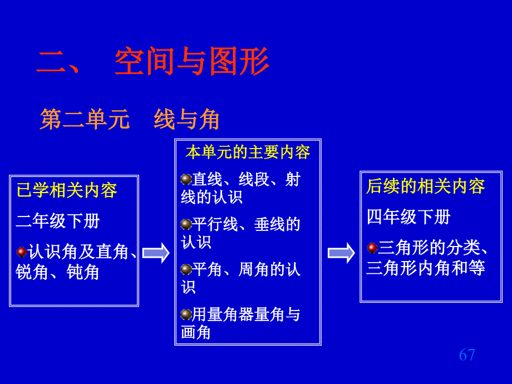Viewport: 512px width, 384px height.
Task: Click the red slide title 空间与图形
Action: [x=192, y=61]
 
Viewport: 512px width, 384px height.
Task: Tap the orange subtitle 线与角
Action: [x=186, y=119]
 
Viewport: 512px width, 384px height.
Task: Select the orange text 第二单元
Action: [x=85, y=119]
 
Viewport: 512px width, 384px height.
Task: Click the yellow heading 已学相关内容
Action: [x=67, y=190]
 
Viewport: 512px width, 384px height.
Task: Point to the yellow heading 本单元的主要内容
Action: [x=248, y=152]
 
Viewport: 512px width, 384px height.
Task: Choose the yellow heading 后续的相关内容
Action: [x=426, y=186]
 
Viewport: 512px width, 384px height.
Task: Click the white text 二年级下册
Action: [x=58, y=221]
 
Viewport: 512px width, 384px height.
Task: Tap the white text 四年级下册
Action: [x=408, y=217]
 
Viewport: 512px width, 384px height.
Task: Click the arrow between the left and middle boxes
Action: [x=156, y=253]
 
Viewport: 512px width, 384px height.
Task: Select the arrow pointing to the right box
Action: [x=341, y=253]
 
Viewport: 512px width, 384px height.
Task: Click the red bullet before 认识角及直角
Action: [x=22, y=252]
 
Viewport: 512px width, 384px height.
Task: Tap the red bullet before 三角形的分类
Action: [x=372, y=248]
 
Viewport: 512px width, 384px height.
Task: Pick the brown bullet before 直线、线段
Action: [x=186, y=179]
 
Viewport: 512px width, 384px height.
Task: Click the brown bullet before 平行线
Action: [x=186, y=224]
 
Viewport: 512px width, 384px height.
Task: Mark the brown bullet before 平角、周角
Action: [x=186, y=269]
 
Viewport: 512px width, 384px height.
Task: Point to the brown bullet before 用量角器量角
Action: [x=186, y=314]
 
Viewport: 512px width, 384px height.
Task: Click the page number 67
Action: [x=467, y=355]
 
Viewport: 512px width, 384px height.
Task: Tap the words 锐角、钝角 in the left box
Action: [x=57, y=272]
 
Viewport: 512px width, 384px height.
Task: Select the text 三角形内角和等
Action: [x=426, y=268]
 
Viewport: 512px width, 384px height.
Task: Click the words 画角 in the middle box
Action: [x=196, y=332]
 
